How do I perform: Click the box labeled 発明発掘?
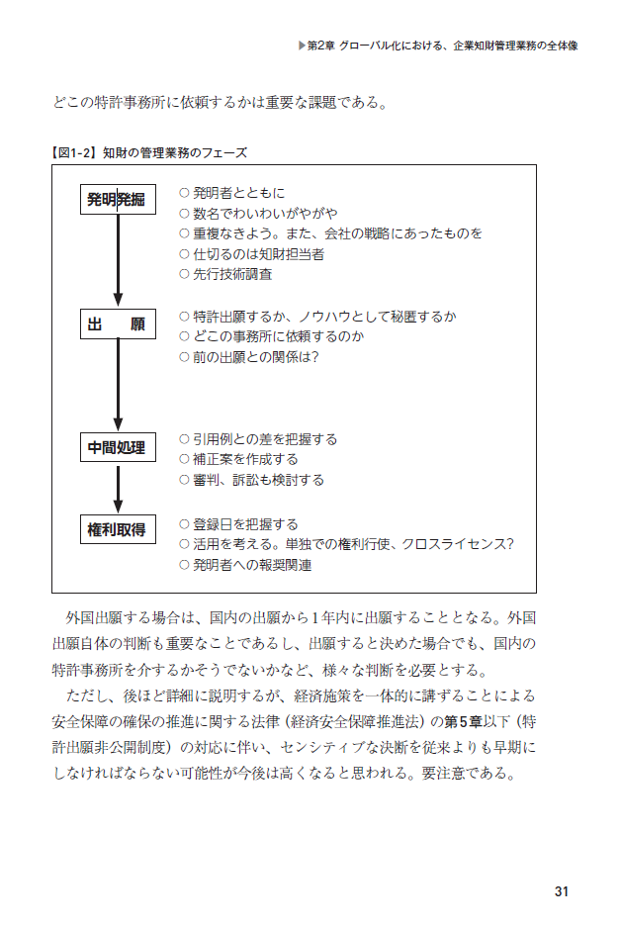pyautogui.click(x=117, y=200)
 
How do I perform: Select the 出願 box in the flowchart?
pyautogui.click(x=117, y=324)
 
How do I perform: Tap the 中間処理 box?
pyautogui.click(x=117, y=448)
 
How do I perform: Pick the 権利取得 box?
pyautogui.click(x=117, y=530)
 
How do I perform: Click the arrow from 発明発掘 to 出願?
pyautogui.click(x=118, y=260)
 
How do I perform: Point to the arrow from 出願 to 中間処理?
pyautogui.click(x=118, y=386)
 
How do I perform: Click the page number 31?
pyautogui.click(x=562, y=891)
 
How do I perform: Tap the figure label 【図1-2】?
pyautogui.click(x=71, y=153)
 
